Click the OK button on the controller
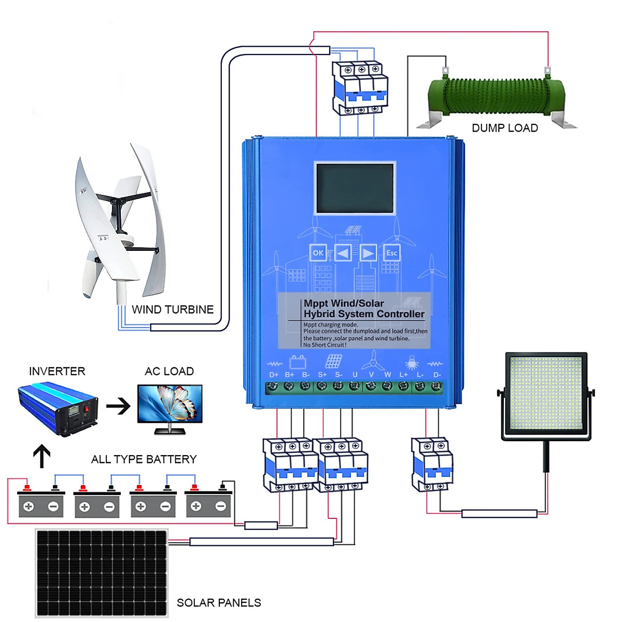coord(318,253)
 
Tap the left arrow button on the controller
coord(343,253)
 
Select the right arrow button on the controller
coord(368,253)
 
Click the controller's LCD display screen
coord(355,188)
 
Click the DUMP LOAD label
coord(504,128)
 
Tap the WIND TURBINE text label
coord(173,309)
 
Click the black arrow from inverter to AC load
coord(118,406)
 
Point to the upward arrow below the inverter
coord(41,456)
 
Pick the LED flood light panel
coord(546,397)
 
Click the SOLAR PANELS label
coord(219,603)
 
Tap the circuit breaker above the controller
coord(360,88)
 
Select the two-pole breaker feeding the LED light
coord(432,464)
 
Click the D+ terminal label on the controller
coord(274,374)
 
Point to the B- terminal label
coord(306,374)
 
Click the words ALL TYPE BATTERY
coord(144,459)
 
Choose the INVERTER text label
coord(57,371)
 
